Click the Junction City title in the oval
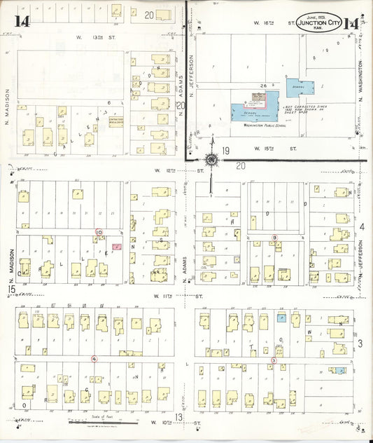click(320, 23)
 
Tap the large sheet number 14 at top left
click(22, 20)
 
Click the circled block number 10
click(99, 232)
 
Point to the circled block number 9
click(275, 238)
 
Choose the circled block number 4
click(94, 359)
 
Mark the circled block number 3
click(274, 360)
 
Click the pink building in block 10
click(116, 247)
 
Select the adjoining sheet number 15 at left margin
click(10, 289)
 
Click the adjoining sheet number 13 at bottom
click(179, 418)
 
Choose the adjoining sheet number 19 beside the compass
click(225, 151)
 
